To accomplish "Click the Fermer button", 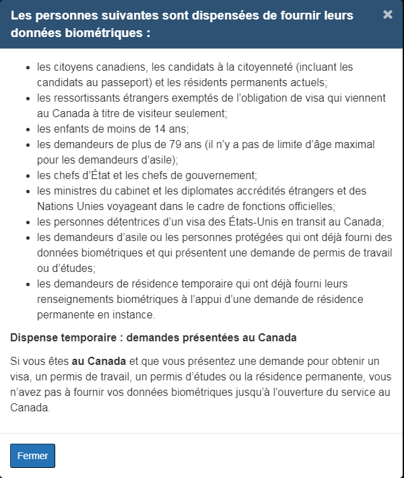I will pyautogui.click(x=32, y=456).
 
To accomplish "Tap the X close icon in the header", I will pyautogui.click(x=388, y=15).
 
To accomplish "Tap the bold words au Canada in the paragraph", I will pyautogui.click(x=99, y=362).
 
